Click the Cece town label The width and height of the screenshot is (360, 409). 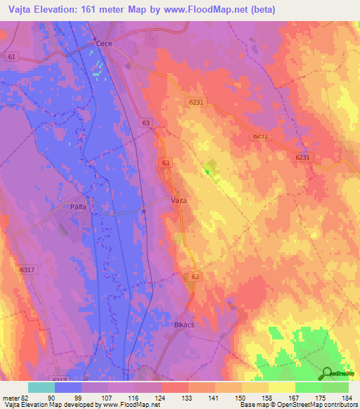tap(104, 44)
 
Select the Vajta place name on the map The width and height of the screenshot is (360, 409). tap(179, 200)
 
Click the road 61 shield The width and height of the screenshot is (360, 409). tap(11, 56)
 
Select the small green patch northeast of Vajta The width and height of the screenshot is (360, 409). tap(207, 170)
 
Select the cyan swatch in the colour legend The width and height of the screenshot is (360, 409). tap(41, 387)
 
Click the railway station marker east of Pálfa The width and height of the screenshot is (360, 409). tap(143, 210)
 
